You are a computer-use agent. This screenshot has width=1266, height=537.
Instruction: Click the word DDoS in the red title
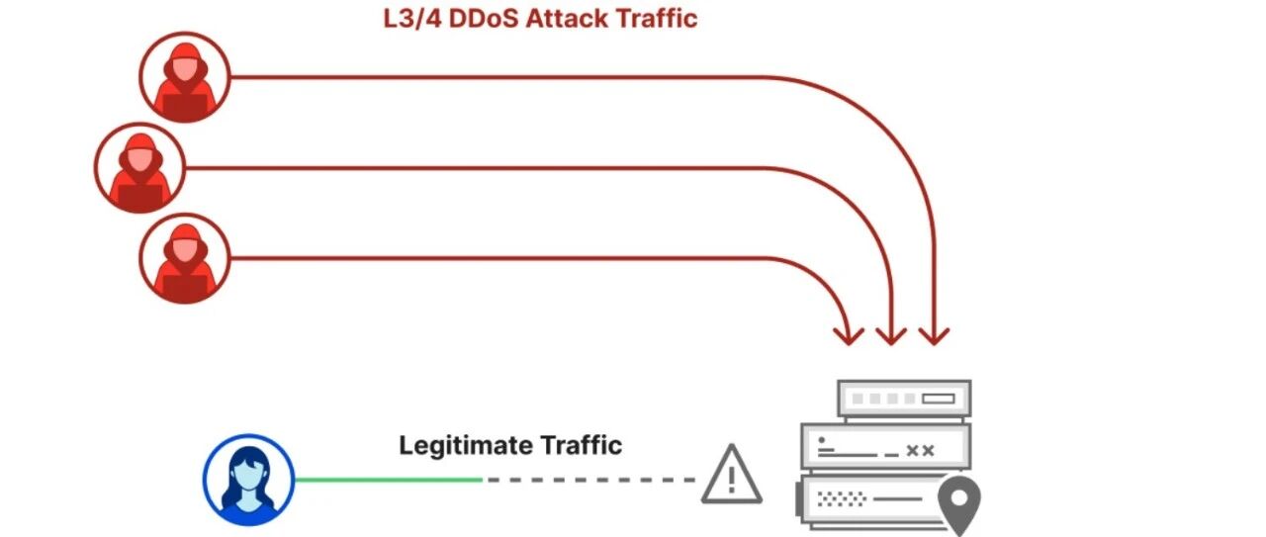pyautogui.click(x=484, y=18)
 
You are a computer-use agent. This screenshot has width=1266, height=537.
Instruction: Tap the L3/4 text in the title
pyautogui.click(x=412, y=18)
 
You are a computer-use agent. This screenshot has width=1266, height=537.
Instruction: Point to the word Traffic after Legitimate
pyautogui.click(x=581, y=445)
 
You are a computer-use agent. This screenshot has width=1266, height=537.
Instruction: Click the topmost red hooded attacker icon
pyautogui.click(x=185, y=77)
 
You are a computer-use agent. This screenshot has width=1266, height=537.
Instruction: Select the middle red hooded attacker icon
pyautogui.click(x=139, y=168)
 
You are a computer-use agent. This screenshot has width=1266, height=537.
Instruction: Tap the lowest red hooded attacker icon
pyautogui.click(x=185, y=258)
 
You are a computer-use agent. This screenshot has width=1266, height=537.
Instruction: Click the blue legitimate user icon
pyautogui.click(x=248, y=480)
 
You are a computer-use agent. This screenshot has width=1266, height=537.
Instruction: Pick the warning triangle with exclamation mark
pyautogui.click(x=732, y=475)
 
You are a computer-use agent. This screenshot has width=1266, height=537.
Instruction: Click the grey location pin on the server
pyautogui.click(x=959, y=504)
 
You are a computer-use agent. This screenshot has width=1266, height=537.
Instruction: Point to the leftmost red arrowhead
pyautogui.click(x=849, y=336)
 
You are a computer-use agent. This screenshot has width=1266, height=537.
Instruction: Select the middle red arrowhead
pyautogui.click(x=891, y=336)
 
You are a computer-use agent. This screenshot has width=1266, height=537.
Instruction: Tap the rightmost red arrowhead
pyautogui.click(x=934, y=336)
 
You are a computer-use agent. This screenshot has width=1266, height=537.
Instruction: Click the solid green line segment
pyautogui.click(x=389, y=480)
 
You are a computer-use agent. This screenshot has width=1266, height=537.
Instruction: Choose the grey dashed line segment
pyautogui.click(x=591, y=480)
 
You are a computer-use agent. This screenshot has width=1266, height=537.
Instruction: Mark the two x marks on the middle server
pyautogui.click(x=920, y=451)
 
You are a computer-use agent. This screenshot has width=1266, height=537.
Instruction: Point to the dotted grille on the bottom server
pyautogui.click(x=842, y=499)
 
